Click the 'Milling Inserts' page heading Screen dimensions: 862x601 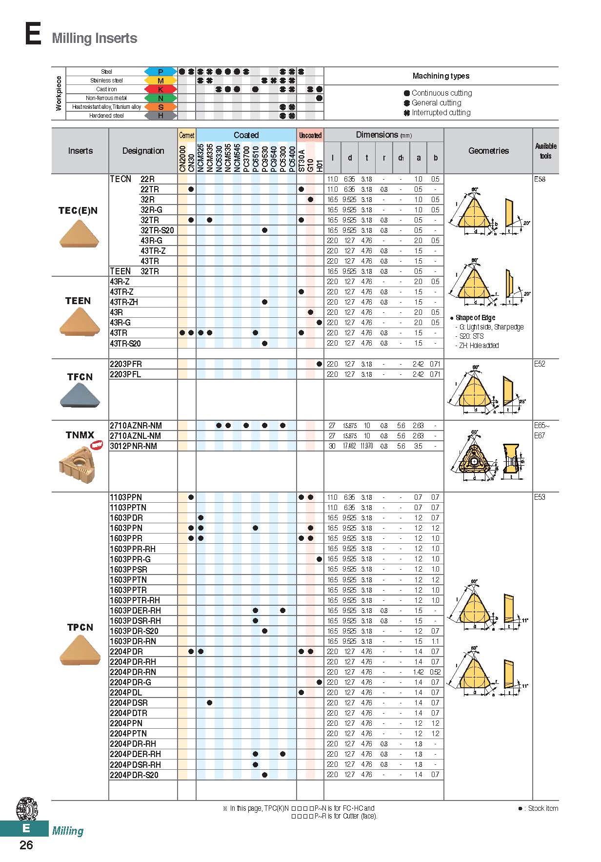click(95, 38)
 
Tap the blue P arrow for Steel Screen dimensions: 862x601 click(160, 72)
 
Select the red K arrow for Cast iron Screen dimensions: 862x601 click(160, 89)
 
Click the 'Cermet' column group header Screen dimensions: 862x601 click(187, 135)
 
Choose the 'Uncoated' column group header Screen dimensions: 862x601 click(310, 135)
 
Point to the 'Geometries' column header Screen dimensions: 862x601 click(488, 151)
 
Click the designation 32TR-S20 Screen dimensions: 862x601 click(157, 230)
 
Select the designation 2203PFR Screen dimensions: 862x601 click(126, 364)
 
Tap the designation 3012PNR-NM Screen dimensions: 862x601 click(133, 446)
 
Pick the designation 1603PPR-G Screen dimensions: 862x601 click(130, 559)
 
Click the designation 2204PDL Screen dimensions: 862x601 click(126, 693)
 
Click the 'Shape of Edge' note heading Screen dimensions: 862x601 click(475, 318)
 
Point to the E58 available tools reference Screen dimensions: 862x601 click(540, 179)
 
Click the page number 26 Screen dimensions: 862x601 click(26, 845)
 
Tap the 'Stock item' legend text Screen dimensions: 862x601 click(542, 808)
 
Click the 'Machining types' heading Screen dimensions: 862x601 click(441, 76)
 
